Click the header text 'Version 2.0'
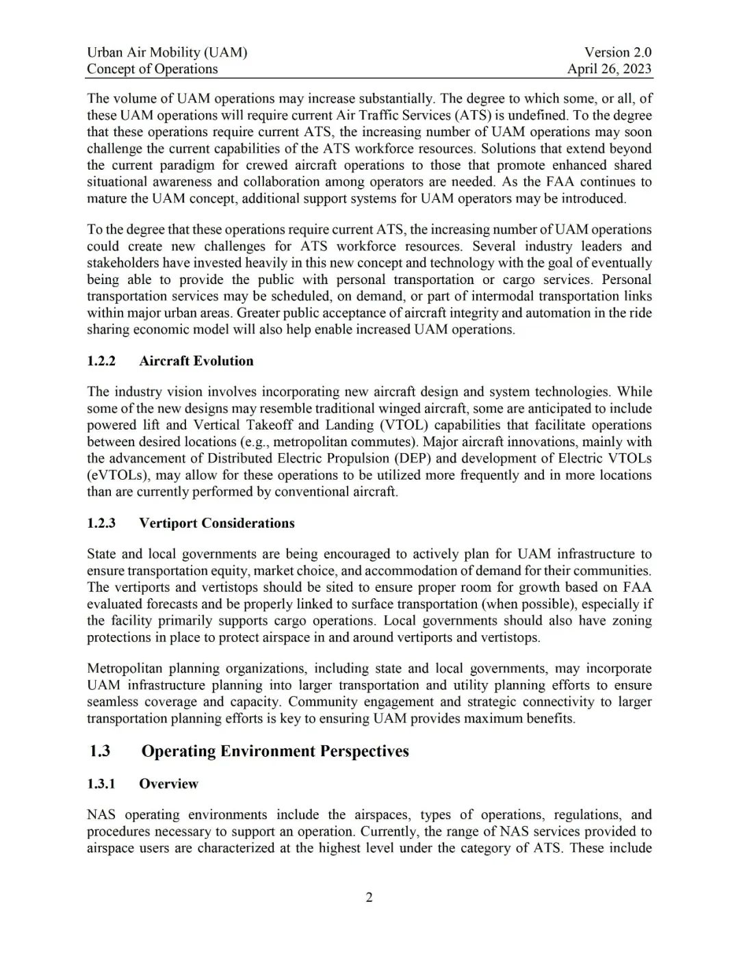pos(617,52)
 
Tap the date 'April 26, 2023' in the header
pos(609,68)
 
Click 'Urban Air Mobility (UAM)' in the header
pos(167,52)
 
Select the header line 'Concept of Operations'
pos(152,68)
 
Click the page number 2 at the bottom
pos(369,897)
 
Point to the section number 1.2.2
pos(101,361)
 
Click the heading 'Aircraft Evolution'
pos(196,361)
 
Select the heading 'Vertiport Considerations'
pos(217,523)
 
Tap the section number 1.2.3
pos(101,523)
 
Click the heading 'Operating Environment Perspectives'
pos(275,751)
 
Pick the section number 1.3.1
pos(101,784)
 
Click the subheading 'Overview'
pos(168,784)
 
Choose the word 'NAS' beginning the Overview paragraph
pos(101,814)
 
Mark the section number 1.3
pos(100,751)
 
